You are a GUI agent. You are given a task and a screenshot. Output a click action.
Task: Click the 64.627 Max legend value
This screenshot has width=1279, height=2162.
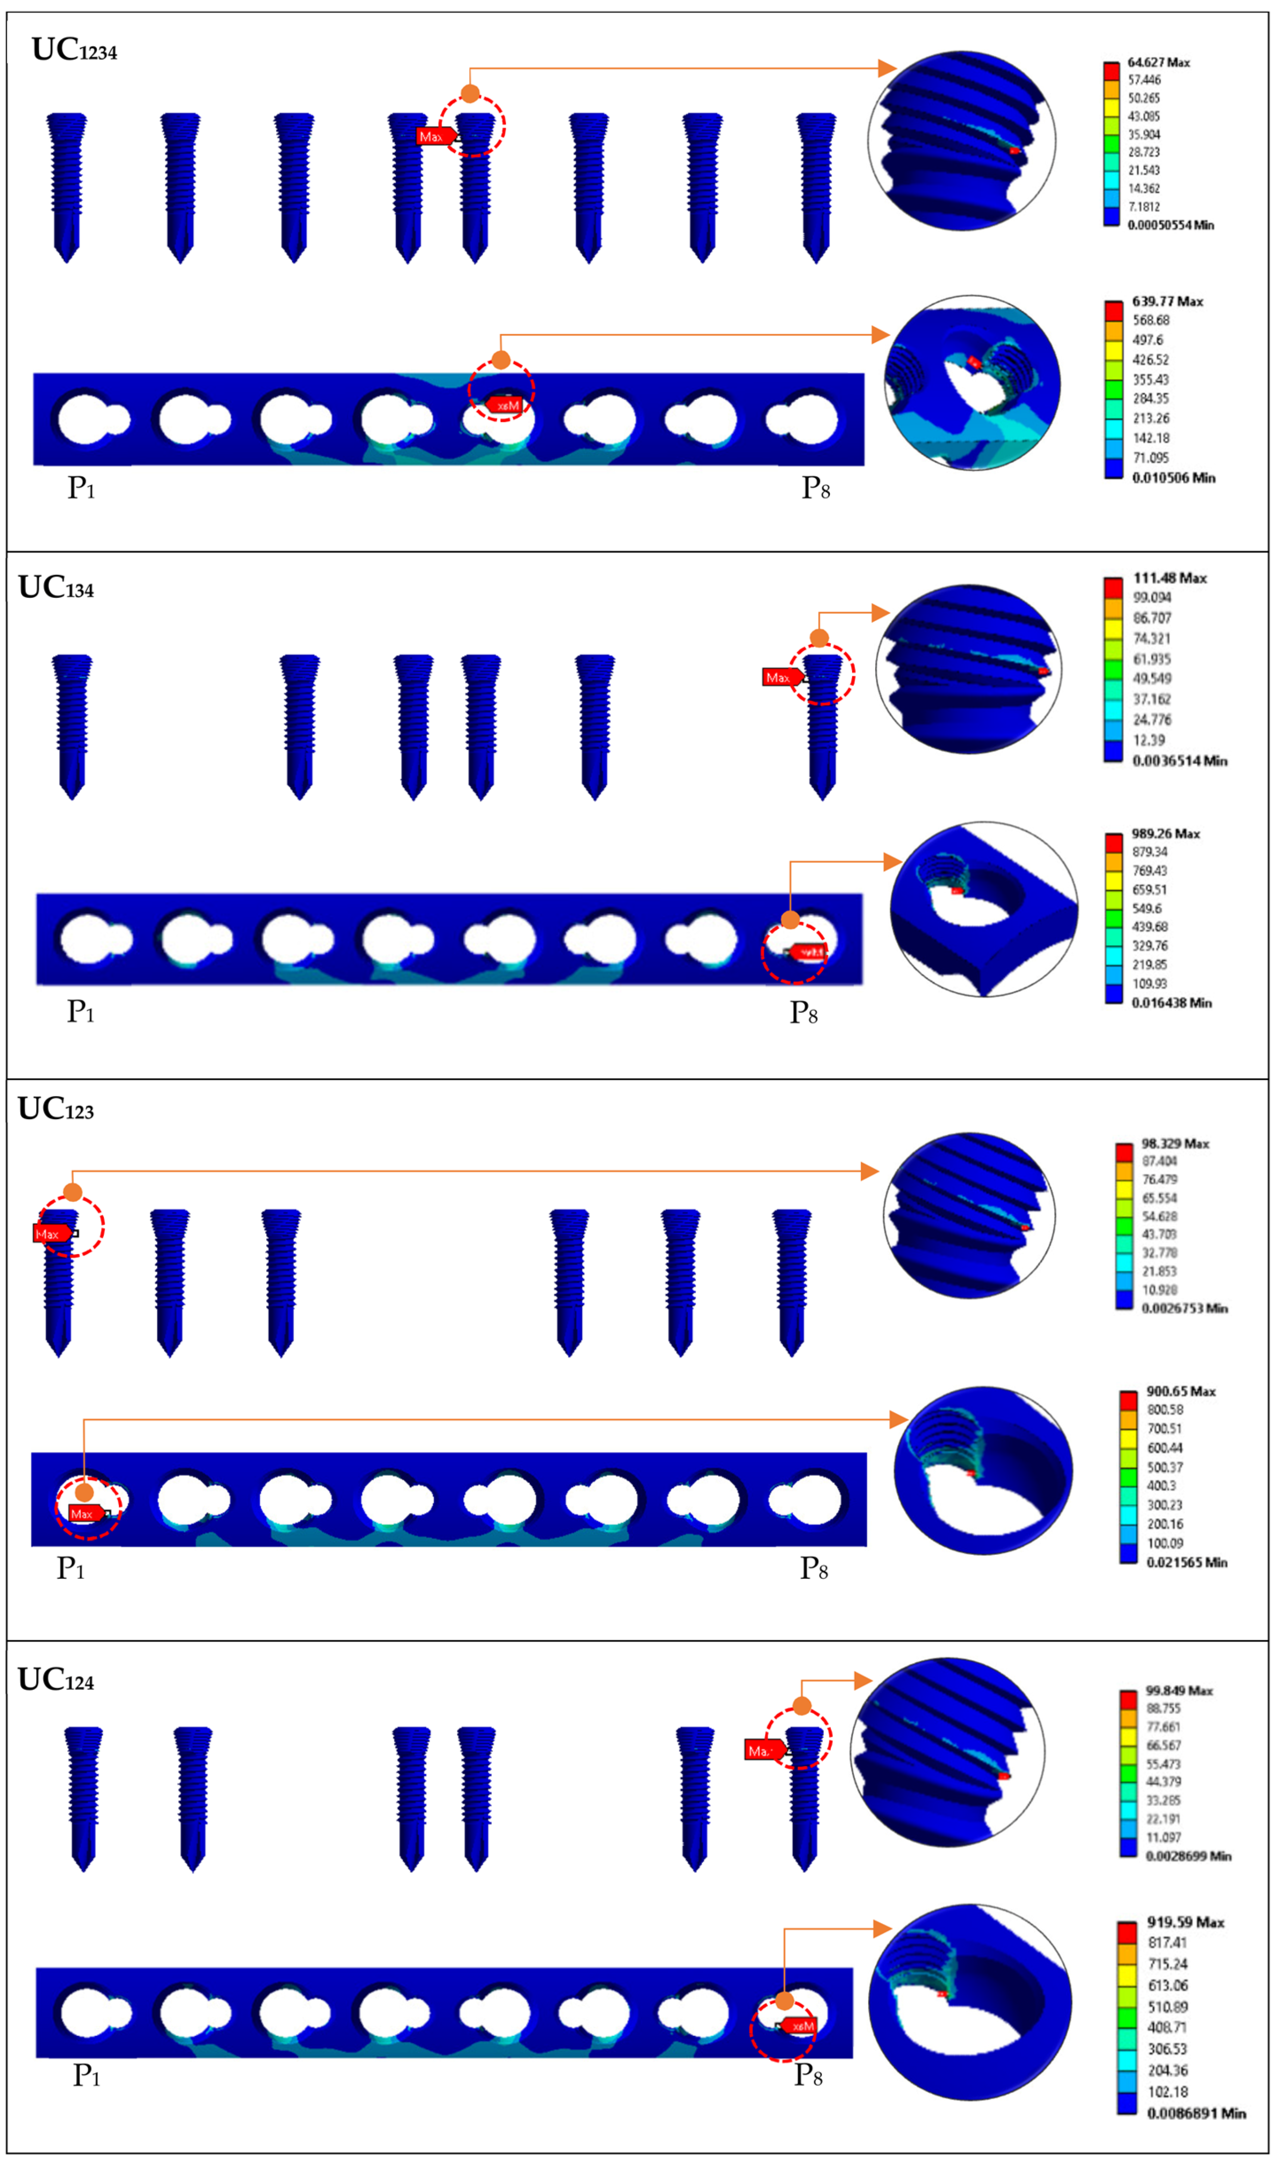1158,62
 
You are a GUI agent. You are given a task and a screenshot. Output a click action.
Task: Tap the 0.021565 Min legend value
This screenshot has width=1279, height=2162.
1186,1562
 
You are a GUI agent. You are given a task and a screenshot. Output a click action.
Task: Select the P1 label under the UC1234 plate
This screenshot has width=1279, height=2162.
81,488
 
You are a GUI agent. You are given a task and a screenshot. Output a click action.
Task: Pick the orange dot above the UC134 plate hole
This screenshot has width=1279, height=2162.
790,920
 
